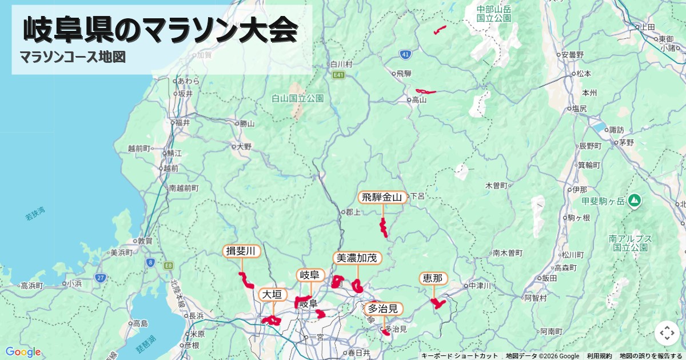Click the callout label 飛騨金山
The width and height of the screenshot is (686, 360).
point(383,198)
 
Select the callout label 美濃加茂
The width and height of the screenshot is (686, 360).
point(357,258)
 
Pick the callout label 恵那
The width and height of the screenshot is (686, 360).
point(433,278)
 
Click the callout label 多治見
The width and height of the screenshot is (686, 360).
point(382,309)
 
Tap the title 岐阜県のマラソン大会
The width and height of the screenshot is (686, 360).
point(161,30)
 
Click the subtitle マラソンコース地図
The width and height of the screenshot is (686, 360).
point(73,57)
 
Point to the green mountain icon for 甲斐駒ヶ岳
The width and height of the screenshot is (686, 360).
point(634,201)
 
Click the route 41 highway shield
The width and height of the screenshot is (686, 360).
point(405,54)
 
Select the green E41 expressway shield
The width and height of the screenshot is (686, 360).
point(339,75)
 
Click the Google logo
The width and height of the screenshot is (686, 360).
point(23,352)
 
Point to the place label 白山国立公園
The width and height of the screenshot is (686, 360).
point(297,98)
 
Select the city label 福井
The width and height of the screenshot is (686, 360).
point(182,122)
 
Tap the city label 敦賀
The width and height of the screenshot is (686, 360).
point(145,241)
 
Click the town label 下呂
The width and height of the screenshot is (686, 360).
point(417,195)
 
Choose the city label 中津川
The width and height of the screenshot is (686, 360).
point(479,286)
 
